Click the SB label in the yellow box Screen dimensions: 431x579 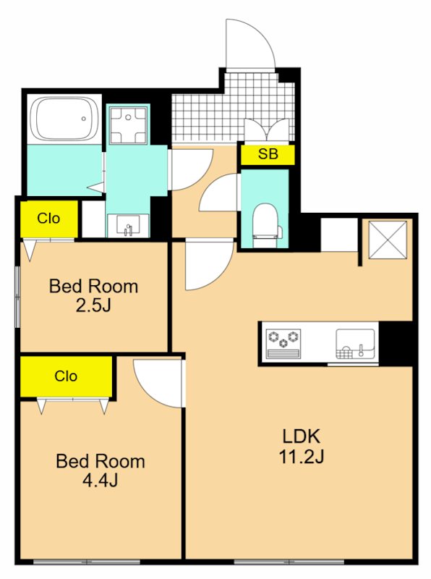pos(268,153)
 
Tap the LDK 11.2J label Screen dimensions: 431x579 pos(301,447)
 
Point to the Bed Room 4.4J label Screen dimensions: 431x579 pos(100,470)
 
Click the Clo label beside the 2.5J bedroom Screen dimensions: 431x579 pos(48,219)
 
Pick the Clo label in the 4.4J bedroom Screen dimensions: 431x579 pos(66,376)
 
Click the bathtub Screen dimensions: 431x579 pos(64,118)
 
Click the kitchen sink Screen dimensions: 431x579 pos(355,344)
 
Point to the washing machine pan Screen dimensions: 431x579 pos(128,124)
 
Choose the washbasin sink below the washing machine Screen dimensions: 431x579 pos(128,225)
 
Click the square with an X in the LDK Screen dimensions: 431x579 pos(388,240)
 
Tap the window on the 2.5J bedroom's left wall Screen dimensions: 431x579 pos(17,297)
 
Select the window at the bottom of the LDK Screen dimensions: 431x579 pos(289,562)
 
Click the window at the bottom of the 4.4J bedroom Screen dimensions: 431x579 pos(87,562)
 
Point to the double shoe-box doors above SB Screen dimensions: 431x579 pos(266,130)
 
